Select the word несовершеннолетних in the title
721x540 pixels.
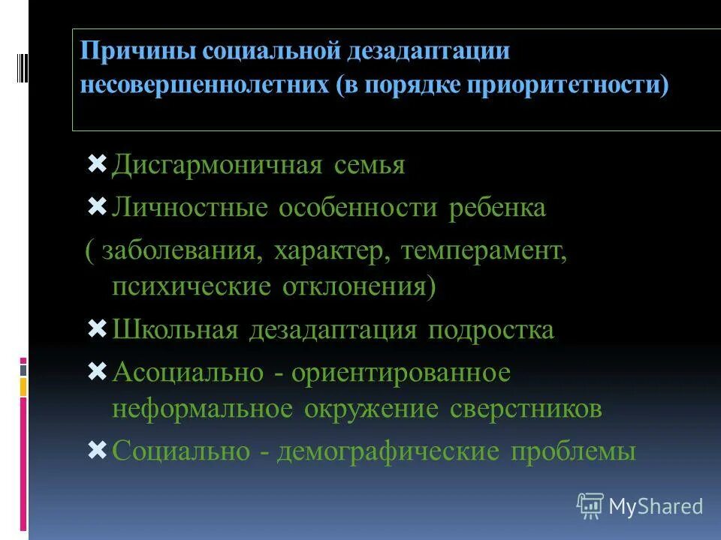pos(205,84)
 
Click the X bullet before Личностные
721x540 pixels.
pos(98,205)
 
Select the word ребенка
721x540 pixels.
pos(497,208)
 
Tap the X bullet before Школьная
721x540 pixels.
pos(98,328)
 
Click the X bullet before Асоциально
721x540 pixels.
pos(98,370)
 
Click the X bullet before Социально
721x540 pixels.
pos(98,449)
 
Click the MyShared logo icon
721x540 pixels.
pos(590,506)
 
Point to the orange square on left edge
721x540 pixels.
pos(23,387)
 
